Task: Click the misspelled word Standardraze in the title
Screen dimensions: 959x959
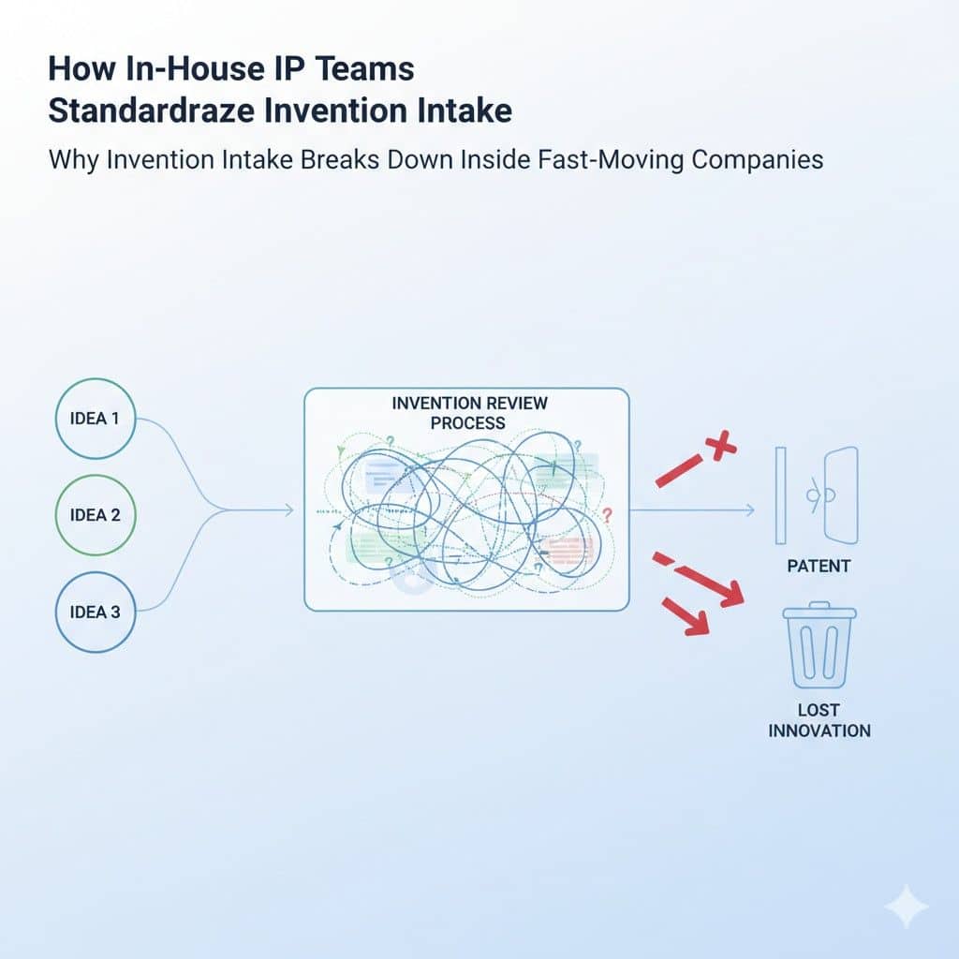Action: [x=151, y=111]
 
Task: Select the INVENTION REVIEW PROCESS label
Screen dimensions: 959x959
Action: [x=469, y=413]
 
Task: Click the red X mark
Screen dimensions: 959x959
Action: [x=720, y=445]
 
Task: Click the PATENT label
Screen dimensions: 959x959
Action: [x=819, y=567]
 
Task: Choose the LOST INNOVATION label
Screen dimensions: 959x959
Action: [x=819, y=720]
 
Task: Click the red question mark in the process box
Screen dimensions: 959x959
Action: [x=606, y=516]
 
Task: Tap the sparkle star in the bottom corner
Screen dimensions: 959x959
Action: [x=907, y=906]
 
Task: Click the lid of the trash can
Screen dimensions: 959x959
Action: [x=819, y=611]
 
